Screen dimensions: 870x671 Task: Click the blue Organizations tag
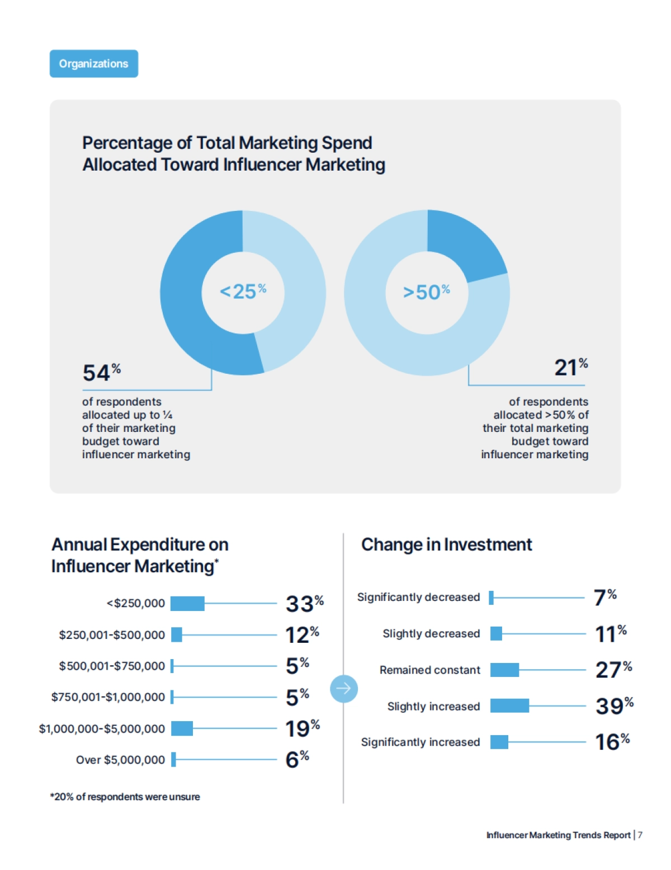94,64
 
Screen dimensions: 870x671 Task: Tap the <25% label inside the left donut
243,291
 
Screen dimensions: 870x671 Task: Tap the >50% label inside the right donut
426,292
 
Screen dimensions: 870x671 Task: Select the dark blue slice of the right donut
464,243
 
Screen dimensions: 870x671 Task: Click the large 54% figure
101,373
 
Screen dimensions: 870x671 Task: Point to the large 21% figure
571,368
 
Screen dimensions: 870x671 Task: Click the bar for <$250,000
187,604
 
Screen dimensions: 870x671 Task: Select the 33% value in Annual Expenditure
304,604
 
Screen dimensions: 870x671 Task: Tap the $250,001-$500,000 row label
112,635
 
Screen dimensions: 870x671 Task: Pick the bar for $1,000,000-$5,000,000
182,728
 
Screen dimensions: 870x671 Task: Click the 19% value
302,728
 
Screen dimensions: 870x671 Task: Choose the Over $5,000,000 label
120,760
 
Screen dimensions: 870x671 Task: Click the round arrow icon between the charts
343,689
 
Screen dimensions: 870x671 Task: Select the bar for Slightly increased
509,706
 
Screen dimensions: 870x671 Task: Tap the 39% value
614,706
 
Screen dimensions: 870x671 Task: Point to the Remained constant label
429,670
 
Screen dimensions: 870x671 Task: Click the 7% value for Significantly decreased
604,598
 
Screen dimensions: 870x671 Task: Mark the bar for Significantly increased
499,742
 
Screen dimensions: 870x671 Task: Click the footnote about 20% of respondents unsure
125,797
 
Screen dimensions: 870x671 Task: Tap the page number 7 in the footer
640,835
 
